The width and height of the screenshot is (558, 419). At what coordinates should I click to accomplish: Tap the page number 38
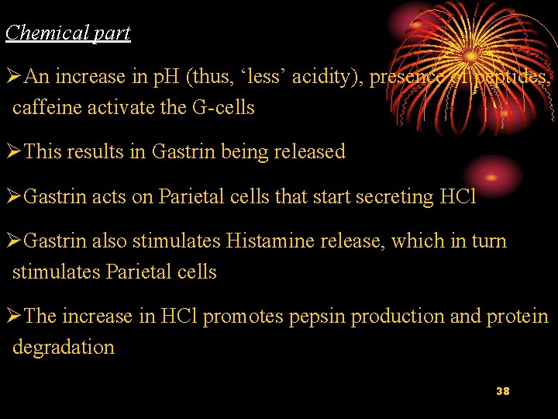point(502,391)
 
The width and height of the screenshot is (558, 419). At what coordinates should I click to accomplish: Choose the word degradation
point(64,347)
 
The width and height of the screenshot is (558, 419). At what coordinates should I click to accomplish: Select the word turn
point(491,241)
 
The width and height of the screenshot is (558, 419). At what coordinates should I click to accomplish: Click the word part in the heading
point(113,33)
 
